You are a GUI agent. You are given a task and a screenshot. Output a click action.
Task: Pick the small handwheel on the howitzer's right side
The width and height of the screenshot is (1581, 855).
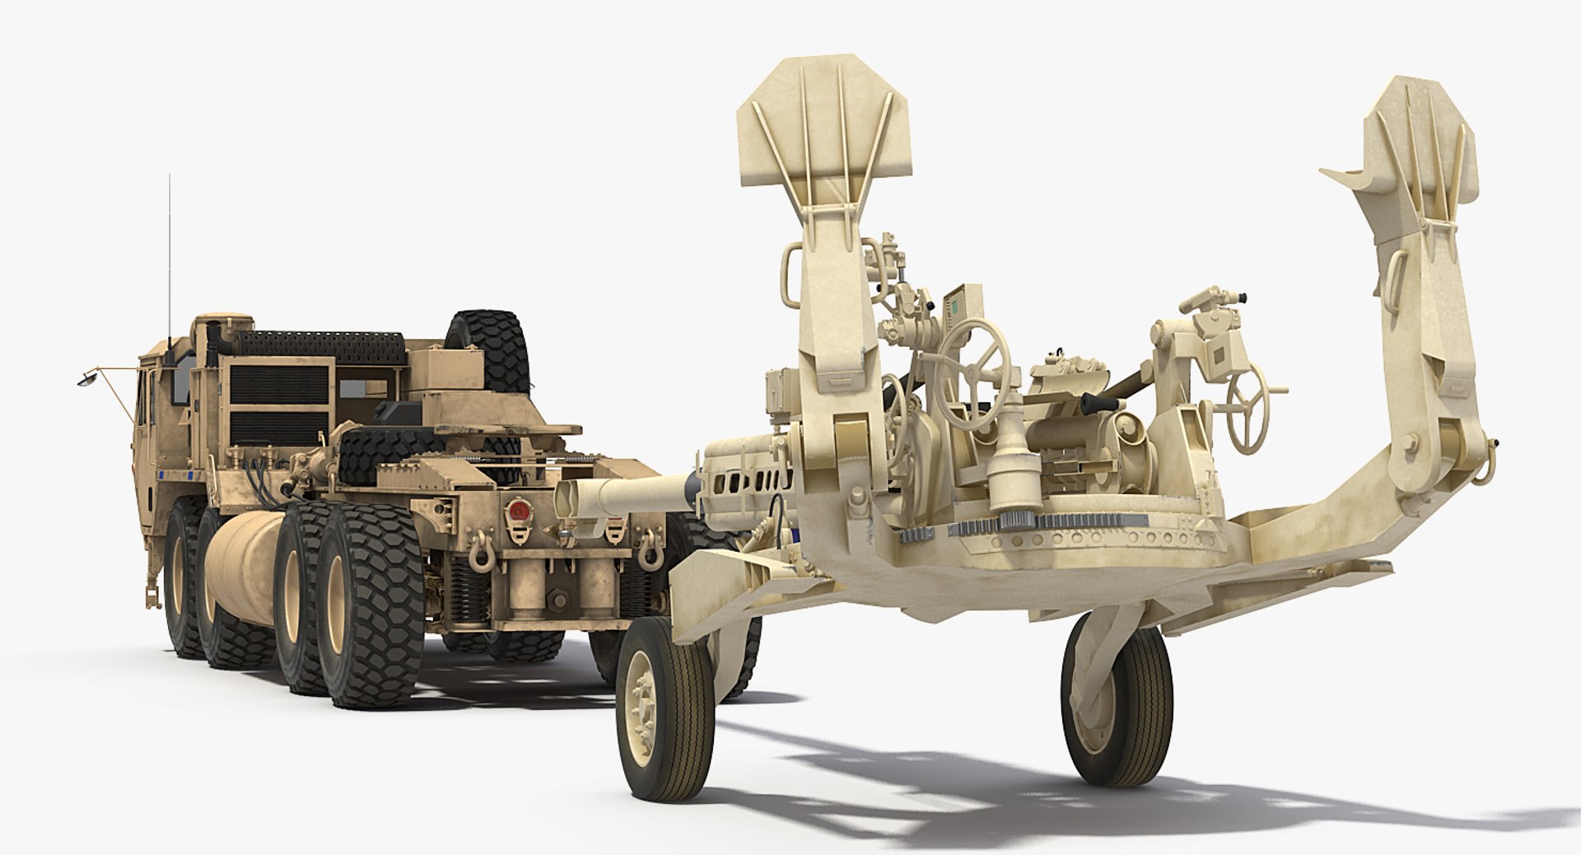[1248, 405]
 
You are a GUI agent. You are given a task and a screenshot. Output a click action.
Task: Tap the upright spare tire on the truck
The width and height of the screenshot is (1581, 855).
[487, 346]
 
